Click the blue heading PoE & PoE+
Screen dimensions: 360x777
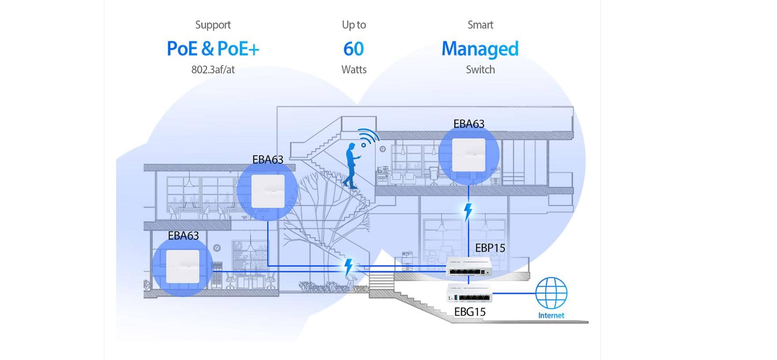coord(213,49)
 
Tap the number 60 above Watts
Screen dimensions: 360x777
coord(354,49)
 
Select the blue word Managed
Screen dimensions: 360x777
coord(480,49)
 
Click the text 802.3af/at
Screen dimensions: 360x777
coord(213,70)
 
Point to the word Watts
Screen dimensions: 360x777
coord(354,70)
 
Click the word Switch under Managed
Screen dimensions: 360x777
coord(480,70)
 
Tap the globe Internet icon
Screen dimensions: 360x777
coord(551,293)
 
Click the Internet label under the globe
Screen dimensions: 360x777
coord(551,316)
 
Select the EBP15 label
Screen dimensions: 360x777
coord(490,248)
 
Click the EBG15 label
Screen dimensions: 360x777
coord(469,312)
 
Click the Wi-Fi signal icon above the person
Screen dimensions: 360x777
coord(368,137)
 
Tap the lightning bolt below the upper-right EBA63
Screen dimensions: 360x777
coord(468,212)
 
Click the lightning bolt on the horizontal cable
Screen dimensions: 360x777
coord(348,267)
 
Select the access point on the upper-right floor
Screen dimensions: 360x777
coord(469,155)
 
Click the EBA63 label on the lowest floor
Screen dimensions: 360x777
coord(183,236)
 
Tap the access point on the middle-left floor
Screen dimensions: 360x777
coord(268,191)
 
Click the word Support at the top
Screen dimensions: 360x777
coord(213,25)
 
